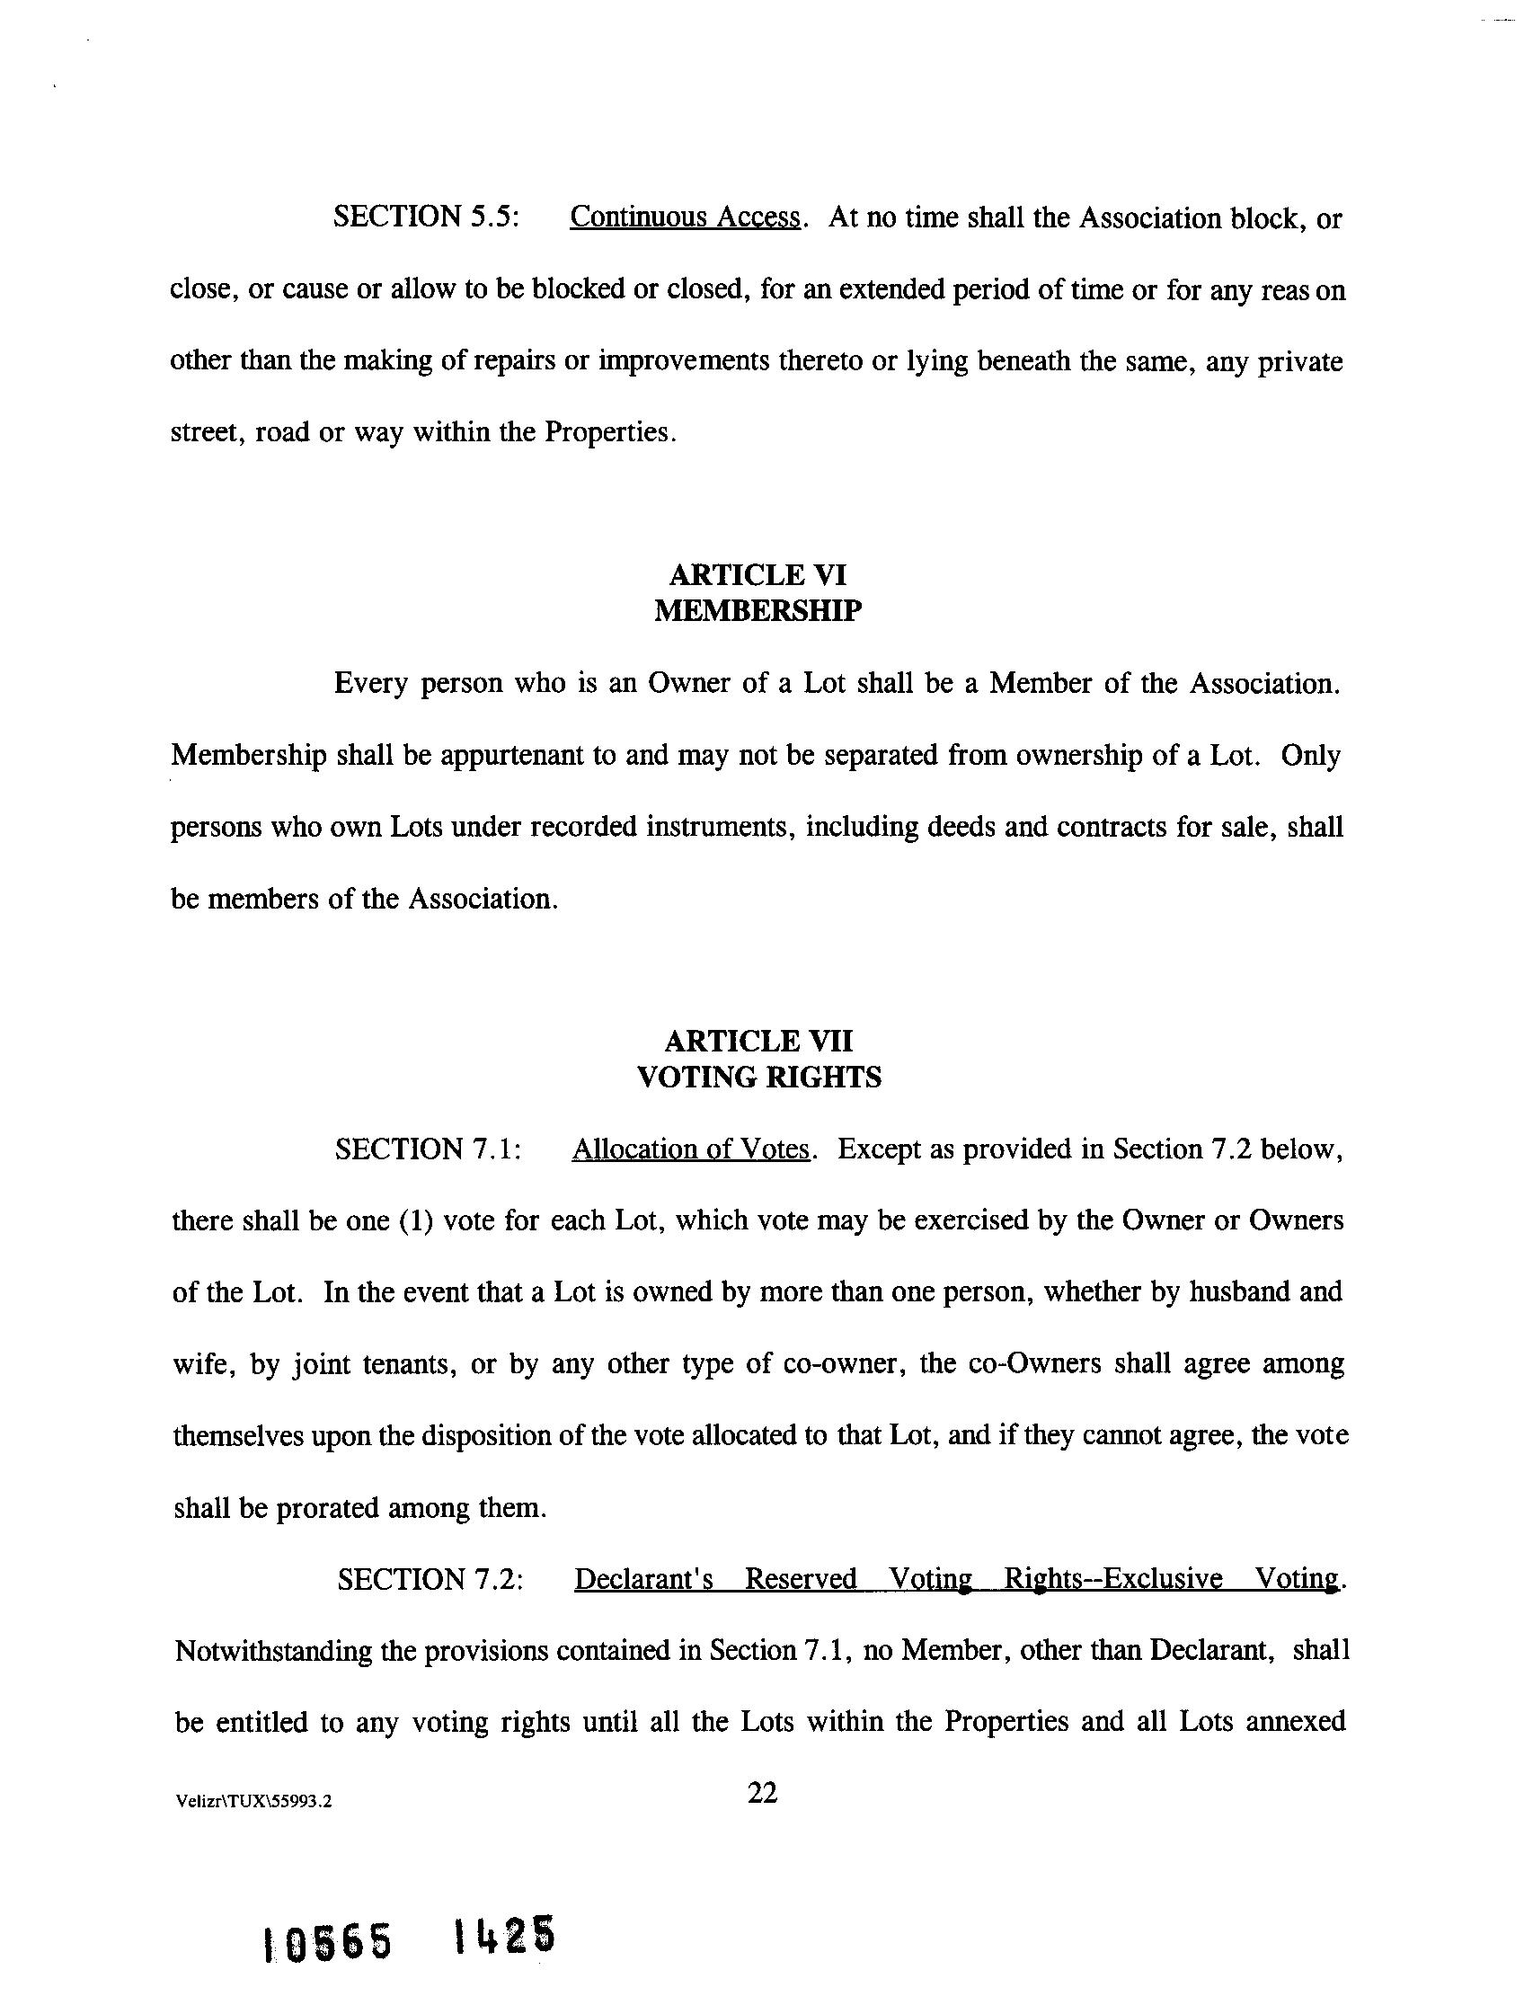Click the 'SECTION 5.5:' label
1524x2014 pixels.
[426, 217]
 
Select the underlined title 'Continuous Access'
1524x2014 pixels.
[685, 217]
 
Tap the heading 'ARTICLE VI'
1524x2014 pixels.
[758, 574]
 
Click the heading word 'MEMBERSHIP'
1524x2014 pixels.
[758, 610]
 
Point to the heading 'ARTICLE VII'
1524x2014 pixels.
[758, 1041]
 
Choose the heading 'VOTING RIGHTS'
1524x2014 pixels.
[758, 1078]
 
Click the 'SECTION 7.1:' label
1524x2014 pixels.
[428, 1149]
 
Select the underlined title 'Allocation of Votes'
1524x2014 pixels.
[690, 1149]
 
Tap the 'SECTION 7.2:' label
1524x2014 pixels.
[430, 1579]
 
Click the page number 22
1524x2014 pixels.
[762, 1794]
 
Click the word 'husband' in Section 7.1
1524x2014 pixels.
[1240, 1292]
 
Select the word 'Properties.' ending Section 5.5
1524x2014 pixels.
[611, 431]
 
